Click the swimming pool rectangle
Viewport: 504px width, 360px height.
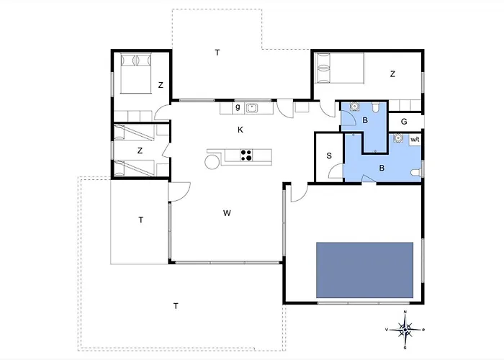(364, 270)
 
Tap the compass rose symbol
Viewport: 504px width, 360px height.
(405, 330)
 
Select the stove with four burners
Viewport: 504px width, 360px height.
(246, 156)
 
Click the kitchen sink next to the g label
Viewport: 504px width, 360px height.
(252, 108)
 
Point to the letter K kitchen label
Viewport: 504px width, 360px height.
(240, 130)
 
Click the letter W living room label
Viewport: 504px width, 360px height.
(227, 213)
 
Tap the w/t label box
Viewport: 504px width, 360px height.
(415, 140)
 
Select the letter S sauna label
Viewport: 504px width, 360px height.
(329, 156)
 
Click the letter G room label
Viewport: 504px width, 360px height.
(404, 122)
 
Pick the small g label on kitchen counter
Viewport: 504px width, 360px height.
(238, 108)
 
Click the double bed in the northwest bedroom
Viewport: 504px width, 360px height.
(135, 73)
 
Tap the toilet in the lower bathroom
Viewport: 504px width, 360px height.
(416, 172)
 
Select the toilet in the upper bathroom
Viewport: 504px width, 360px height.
(375, 107)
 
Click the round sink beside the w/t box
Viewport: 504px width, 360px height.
(398, 138)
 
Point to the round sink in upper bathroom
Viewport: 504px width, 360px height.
(354, 106)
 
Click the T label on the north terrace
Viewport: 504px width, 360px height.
(217, 53)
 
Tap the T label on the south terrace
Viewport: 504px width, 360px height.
(176, 306)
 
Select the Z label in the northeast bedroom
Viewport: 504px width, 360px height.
(392, 74)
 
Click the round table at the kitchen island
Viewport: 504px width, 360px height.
(212, 161)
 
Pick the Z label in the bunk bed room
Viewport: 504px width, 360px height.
(140, 150)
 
